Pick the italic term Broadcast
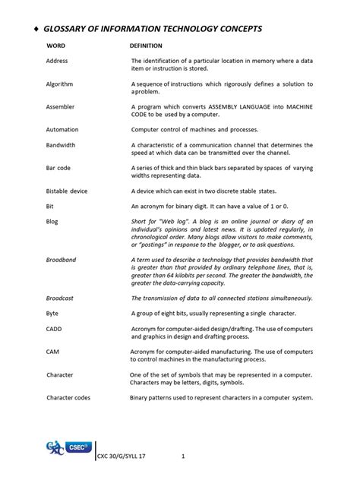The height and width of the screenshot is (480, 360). coord(61,298)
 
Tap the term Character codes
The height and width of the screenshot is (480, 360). coord(69,397)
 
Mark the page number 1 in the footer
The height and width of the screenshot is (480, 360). coord(184,456)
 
